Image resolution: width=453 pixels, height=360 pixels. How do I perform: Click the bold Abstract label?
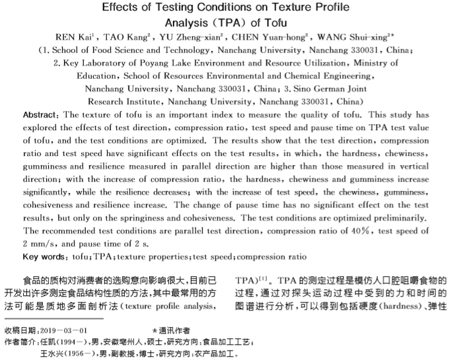tap(42, 115)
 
